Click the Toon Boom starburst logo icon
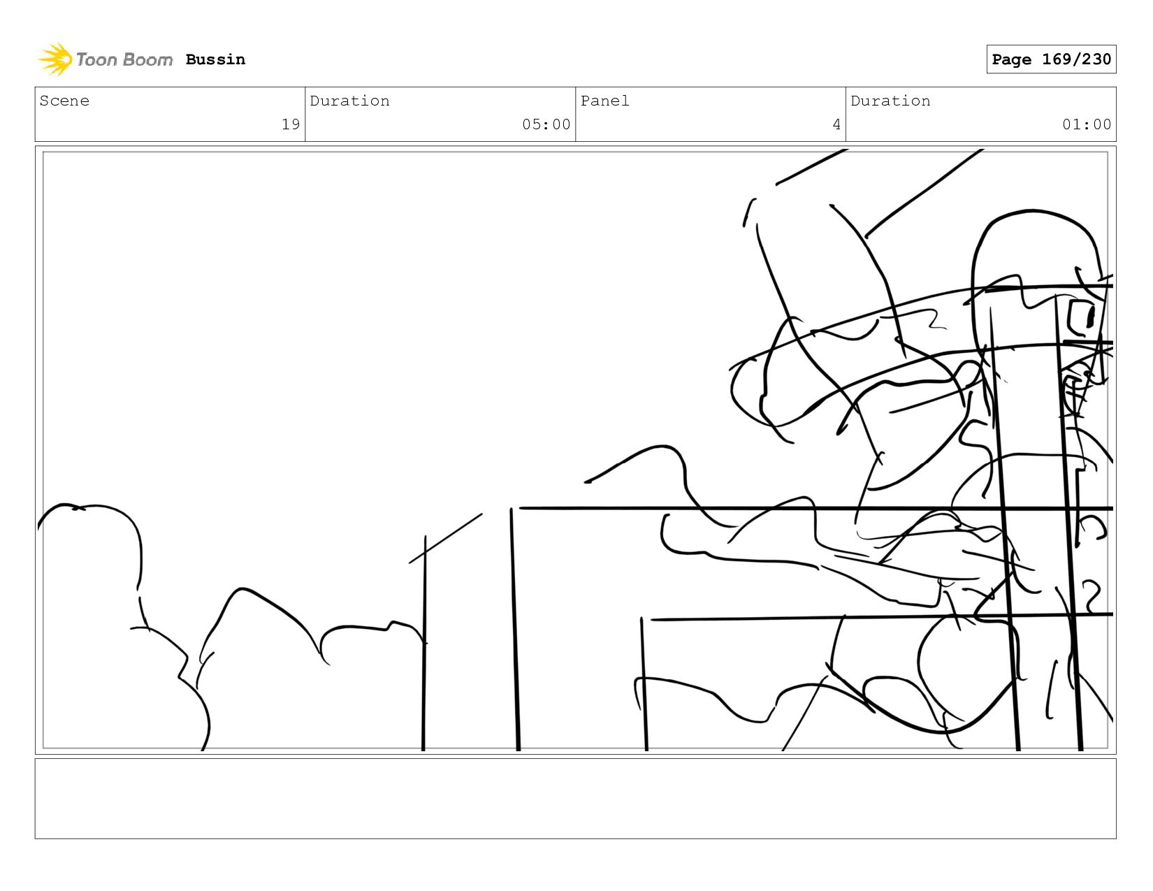55,59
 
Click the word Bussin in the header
215,59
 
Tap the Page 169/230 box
1050,59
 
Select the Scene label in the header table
64,101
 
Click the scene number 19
290,124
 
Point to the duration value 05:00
546,124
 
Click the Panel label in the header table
604,101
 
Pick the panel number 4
836,124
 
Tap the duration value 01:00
1086,124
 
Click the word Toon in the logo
96,60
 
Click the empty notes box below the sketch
575,798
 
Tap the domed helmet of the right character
1034,245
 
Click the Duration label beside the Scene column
349,101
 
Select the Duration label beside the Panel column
890,101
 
